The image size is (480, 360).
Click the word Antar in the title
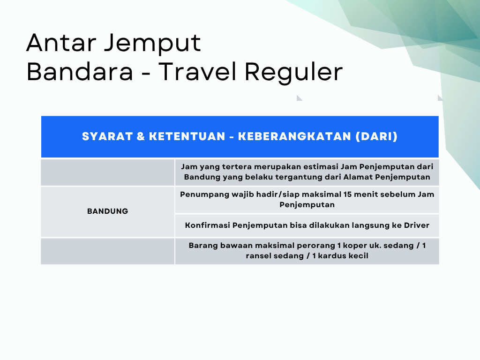61,43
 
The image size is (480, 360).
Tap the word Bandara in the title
80,72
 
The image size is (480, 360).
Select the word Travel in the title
197,72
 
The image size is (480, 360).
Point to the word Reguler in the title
293,73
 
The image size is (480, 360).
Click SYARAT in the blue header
107,136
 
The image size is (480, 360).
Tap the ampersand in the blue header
141,136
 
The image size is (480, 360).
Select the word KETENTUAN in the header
187,136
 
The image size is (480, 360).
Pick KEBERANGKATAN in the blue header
294,136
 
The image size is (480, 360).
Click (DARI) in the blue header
376,136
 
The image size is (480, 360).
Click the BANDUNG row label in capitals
107,211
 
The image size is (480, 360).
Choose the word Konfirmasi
207,225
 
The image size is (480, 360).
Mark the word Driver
417,225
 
